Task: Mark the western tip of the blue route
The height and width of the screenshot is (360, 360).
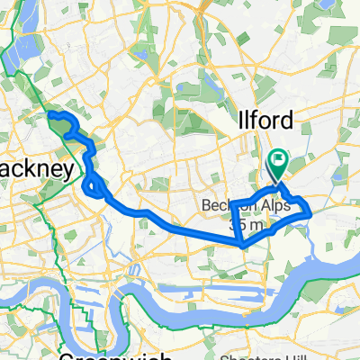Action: tap(49, 116)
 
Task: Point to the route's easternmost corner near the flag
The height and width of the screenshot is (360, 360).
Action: tap(310, 211)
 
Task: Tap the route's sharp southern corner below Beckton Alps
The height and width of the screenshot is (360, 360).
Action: tap(243, 243)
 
